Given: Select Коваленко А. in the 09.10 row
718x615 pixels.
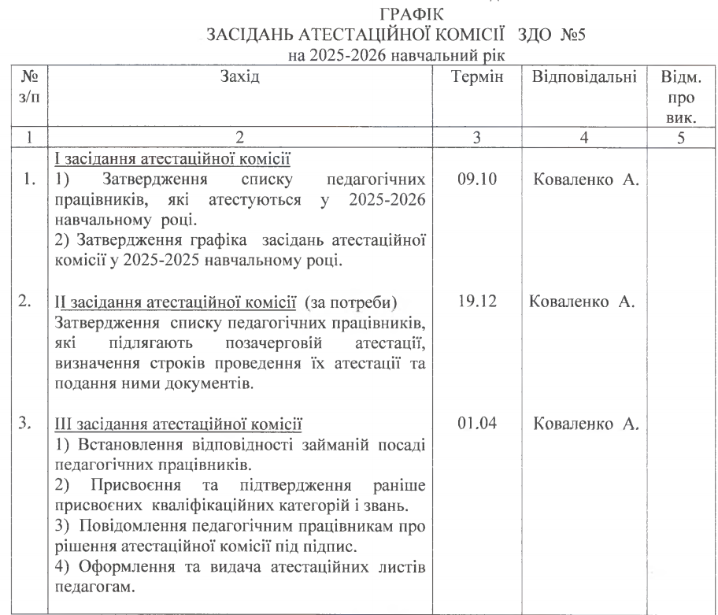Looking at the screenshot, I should (587, 180).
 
